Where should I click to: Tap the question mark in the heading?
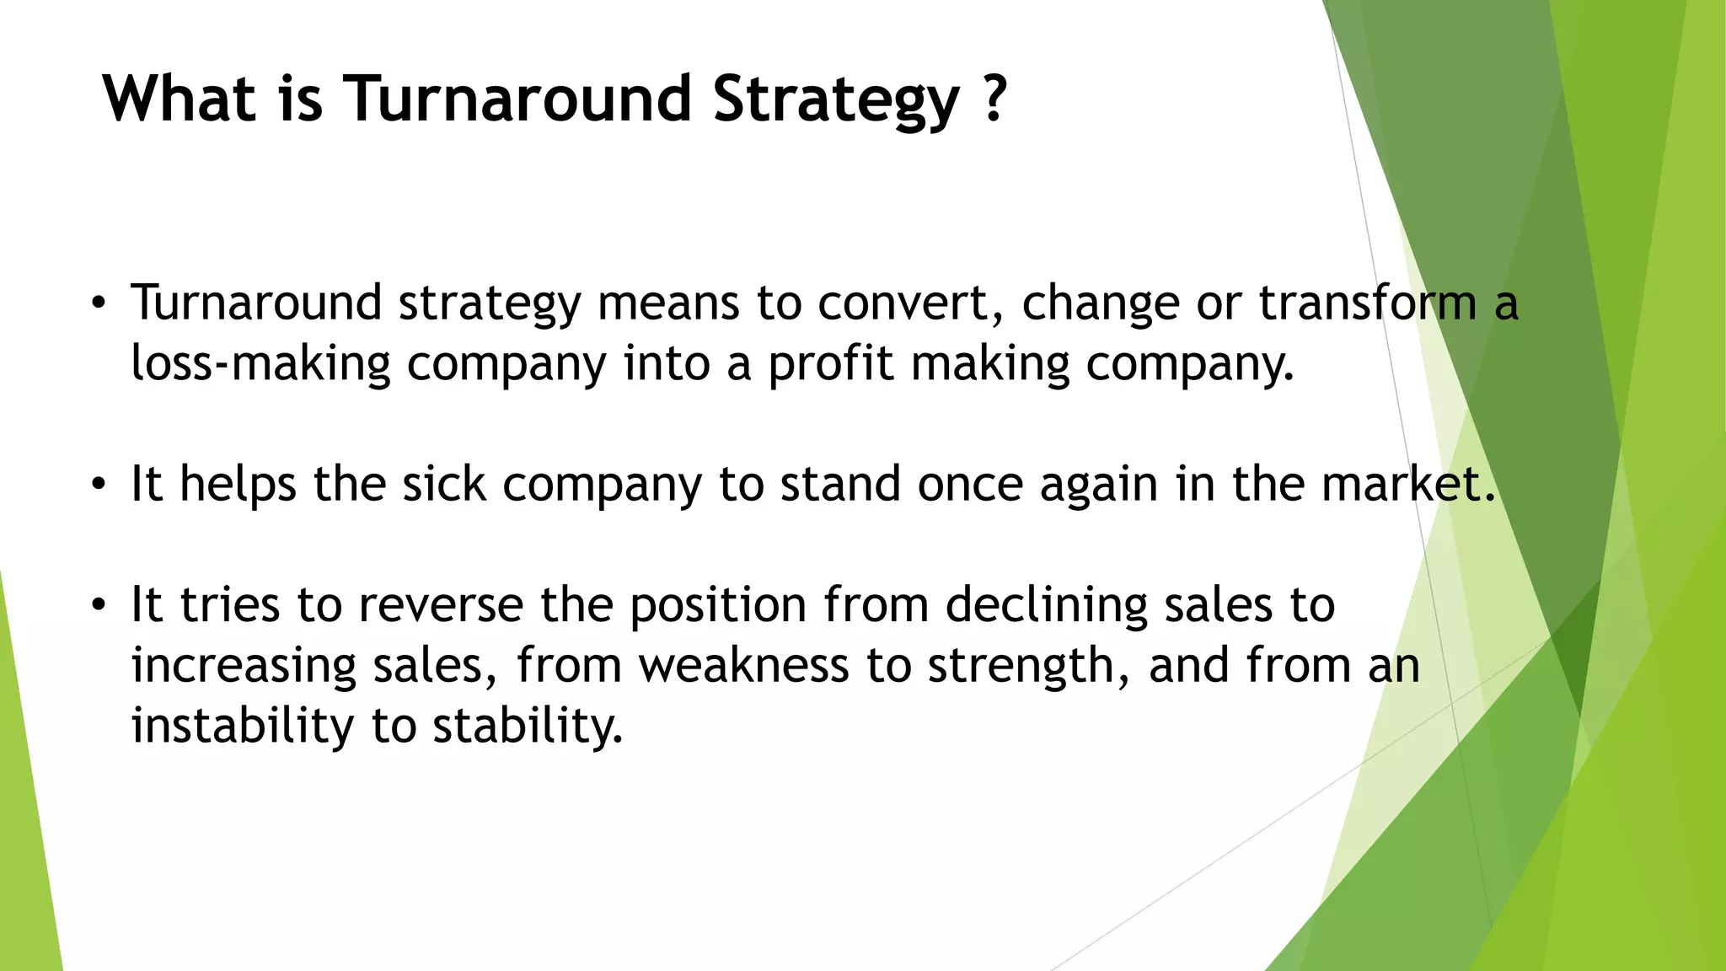[x=994, y=99]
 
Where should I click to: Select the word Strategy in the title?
[x=836, y=99]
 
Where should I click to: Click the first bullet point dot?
[x=99, y=303]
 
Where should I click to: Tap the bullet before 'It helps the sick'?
[x=99, y=485]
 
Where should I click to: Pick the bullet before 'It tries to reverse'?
[x=99, y=605]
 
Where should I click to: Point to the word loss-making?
[x=260, y=364]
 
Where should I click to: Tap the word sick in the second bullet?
[x=444, y=485]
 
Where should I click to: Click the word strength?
[x=1028, y=666]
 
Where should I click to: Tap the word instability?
[x=243, y=726]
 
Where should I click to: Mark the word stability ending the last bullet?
[x=528, y=726]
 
